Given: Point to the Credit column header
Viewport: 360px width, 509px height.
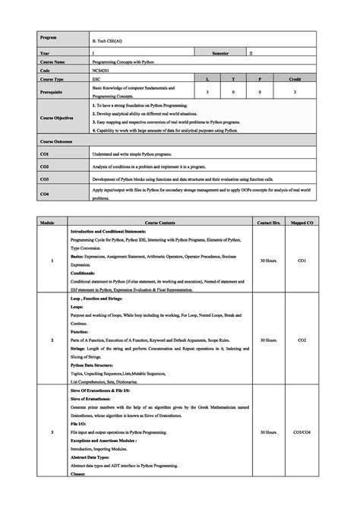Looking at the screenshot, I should (x=295, y=78).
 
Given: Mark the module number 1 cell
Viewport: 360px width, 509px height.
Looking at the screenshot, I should (x=52, y=261).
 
